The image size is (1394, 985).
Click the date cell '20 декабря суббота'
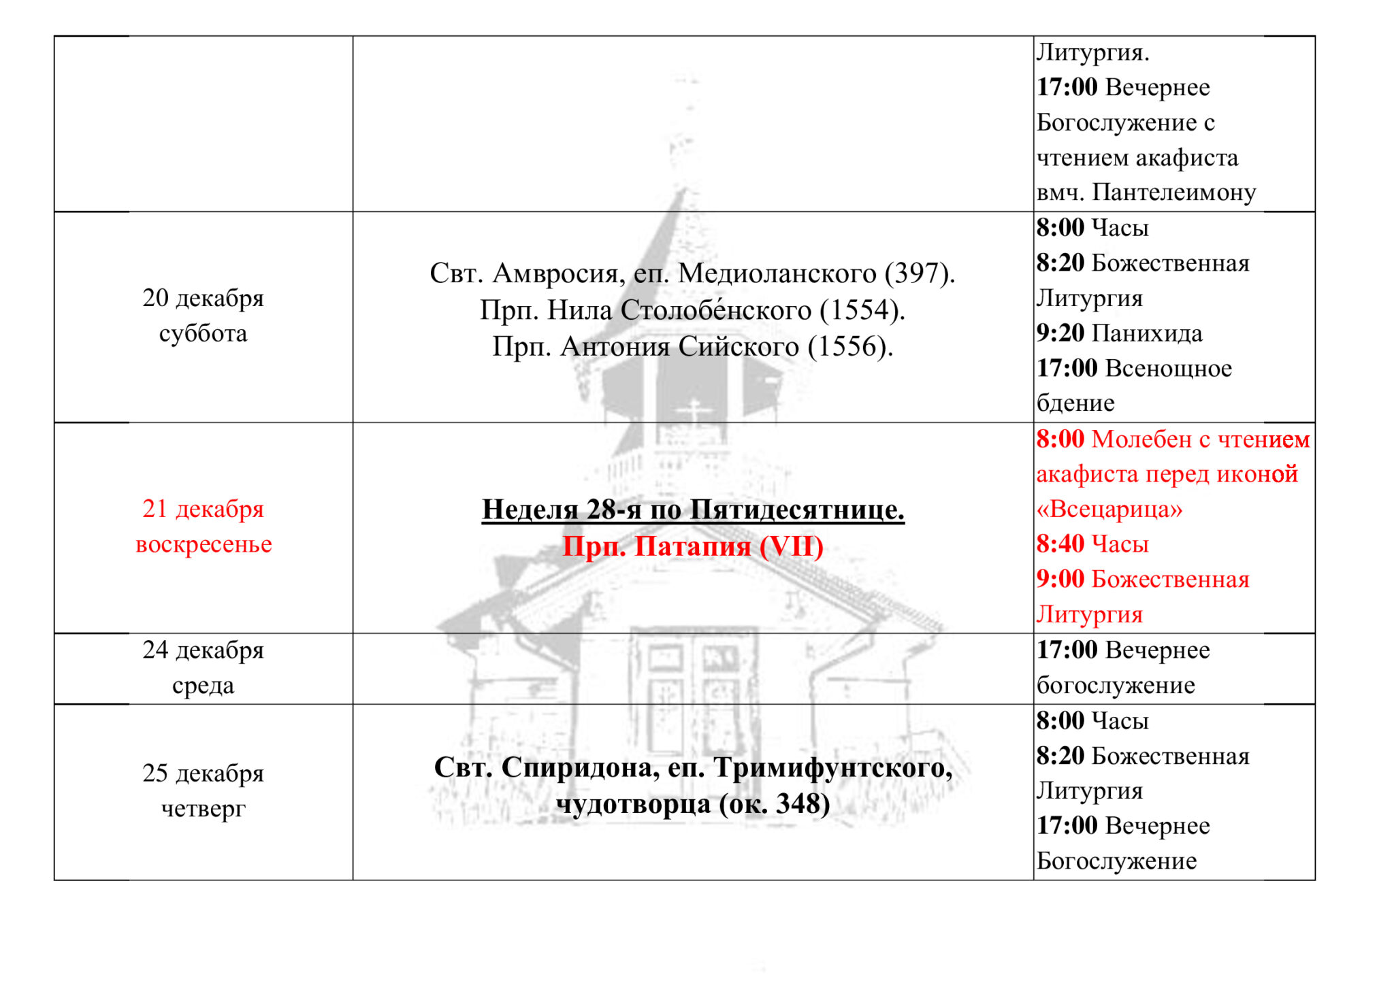[x=203, y=316]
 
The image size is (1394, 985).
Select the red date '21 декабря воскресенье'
[x=203, y=527]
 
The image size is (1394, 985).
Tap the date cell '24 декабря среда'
[x=203, y=667]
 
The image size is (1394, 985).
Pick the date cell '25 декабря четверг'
[x=203, y=790]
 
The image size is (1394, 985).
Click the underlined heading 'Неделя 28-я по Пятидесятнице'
[x=693, y=510]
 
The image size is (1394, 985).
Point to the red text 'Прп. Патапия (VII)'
[x=693, y=546]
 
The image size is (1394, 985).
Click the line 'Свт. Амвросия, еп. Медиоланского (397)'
[x=693, y=273]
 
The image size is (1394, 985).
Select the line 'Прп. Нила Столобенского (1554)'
[x=693, y=310]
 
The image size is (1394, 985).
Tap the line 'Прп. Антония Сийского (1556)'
[x=693, y=347]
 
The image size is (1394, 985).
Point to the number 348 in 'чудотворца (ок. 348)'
[x=797, y=804]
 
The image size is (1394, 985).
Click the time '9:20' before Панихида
[x=1060, y=333]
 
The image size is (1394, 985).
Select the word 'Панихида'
[x=1147, y=333]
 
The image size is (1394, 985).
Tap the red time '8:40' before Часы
[x=1060, y=544]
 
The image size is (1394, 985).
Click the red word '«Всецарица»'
[x=1109, y=509]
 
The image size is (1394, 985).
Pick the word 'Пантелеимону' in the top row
[x=1174, y=193]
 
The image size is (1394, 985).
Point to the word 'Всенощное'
[x=1169, y=369]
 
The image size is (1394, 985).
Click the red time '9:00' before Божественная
[x=1060, y=579]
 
